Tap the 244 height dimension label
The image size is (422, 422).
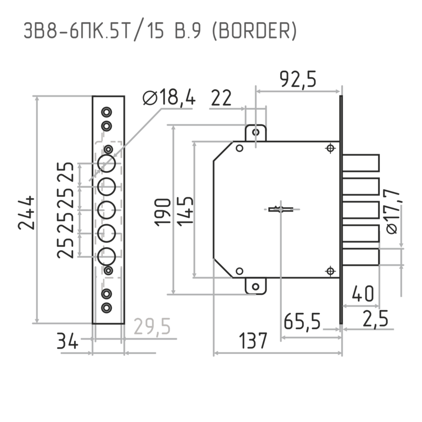[x=26, y=213]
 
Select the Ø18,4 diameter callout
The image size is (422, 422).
[x=169, y=97]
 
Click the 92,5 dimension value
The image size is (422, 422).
[x=298, y=80]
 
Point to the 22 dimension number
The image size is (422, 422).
[x=221, y=98]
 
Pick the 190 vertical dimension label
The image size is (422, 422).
[x=162, y=212]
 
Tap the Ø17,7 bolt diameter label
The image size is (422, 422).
[x=392, y=212]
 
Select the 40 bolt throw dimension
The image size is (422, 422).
[x=363, y=293]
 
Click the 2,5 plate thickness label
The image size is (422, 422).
[x=376, y=319]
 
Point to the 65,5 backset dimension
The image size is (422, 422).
[x=302, y=321]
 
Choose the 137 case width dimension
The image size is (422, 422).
[x=253, y=340]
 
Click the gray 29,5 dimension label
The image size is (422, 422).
[x=152, y=327]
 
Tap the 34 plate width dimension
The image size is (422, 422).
[x=68, y=341]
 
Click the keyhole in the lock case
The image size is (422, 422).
[x=281, y=209]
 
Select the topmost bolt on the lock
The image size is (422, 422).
[x=361, y=163]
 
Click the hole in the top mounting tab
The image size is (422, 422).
[x=256, y=132]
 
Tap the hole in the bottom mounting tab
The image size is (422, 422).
[x=256, y=286]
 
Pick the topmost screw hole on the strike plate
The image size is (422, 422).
[x=107, y=112]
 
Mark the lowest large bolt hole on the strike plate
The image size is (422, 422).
[x=107, y=256]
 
